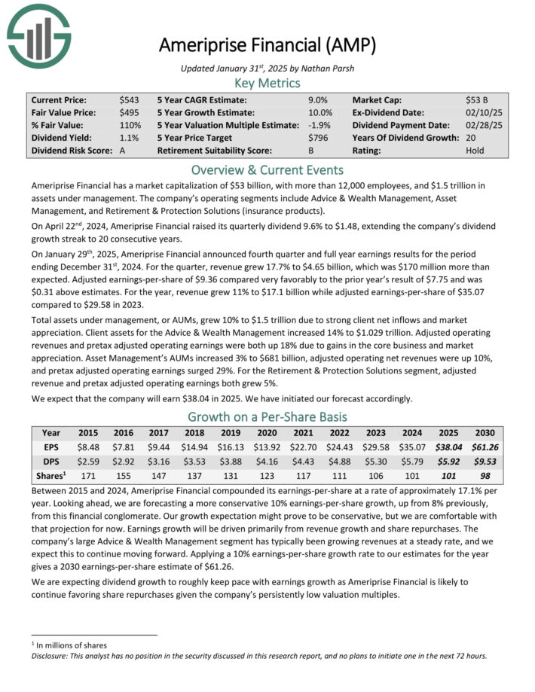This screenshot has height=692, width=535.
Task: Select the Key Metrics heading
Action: pos(267,84)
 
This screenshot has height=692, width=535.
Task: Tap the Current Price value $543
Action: pos(129,99)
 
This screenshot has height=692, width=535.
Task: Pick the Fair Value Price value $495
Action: pos(129,112)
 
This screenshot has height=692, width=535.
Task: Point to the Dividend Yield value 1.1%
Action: pos(129,138)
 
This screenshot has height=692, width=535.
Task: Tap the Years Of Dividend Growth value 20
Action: pos(471,138)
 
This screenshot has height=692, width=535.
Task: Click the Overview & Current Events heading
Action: pos(267,169)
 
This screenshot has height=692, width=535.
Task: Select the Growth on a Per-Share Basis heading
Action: pos(267,416)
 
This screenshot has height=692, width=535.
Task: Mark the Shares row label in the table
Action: pos(52,475)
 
